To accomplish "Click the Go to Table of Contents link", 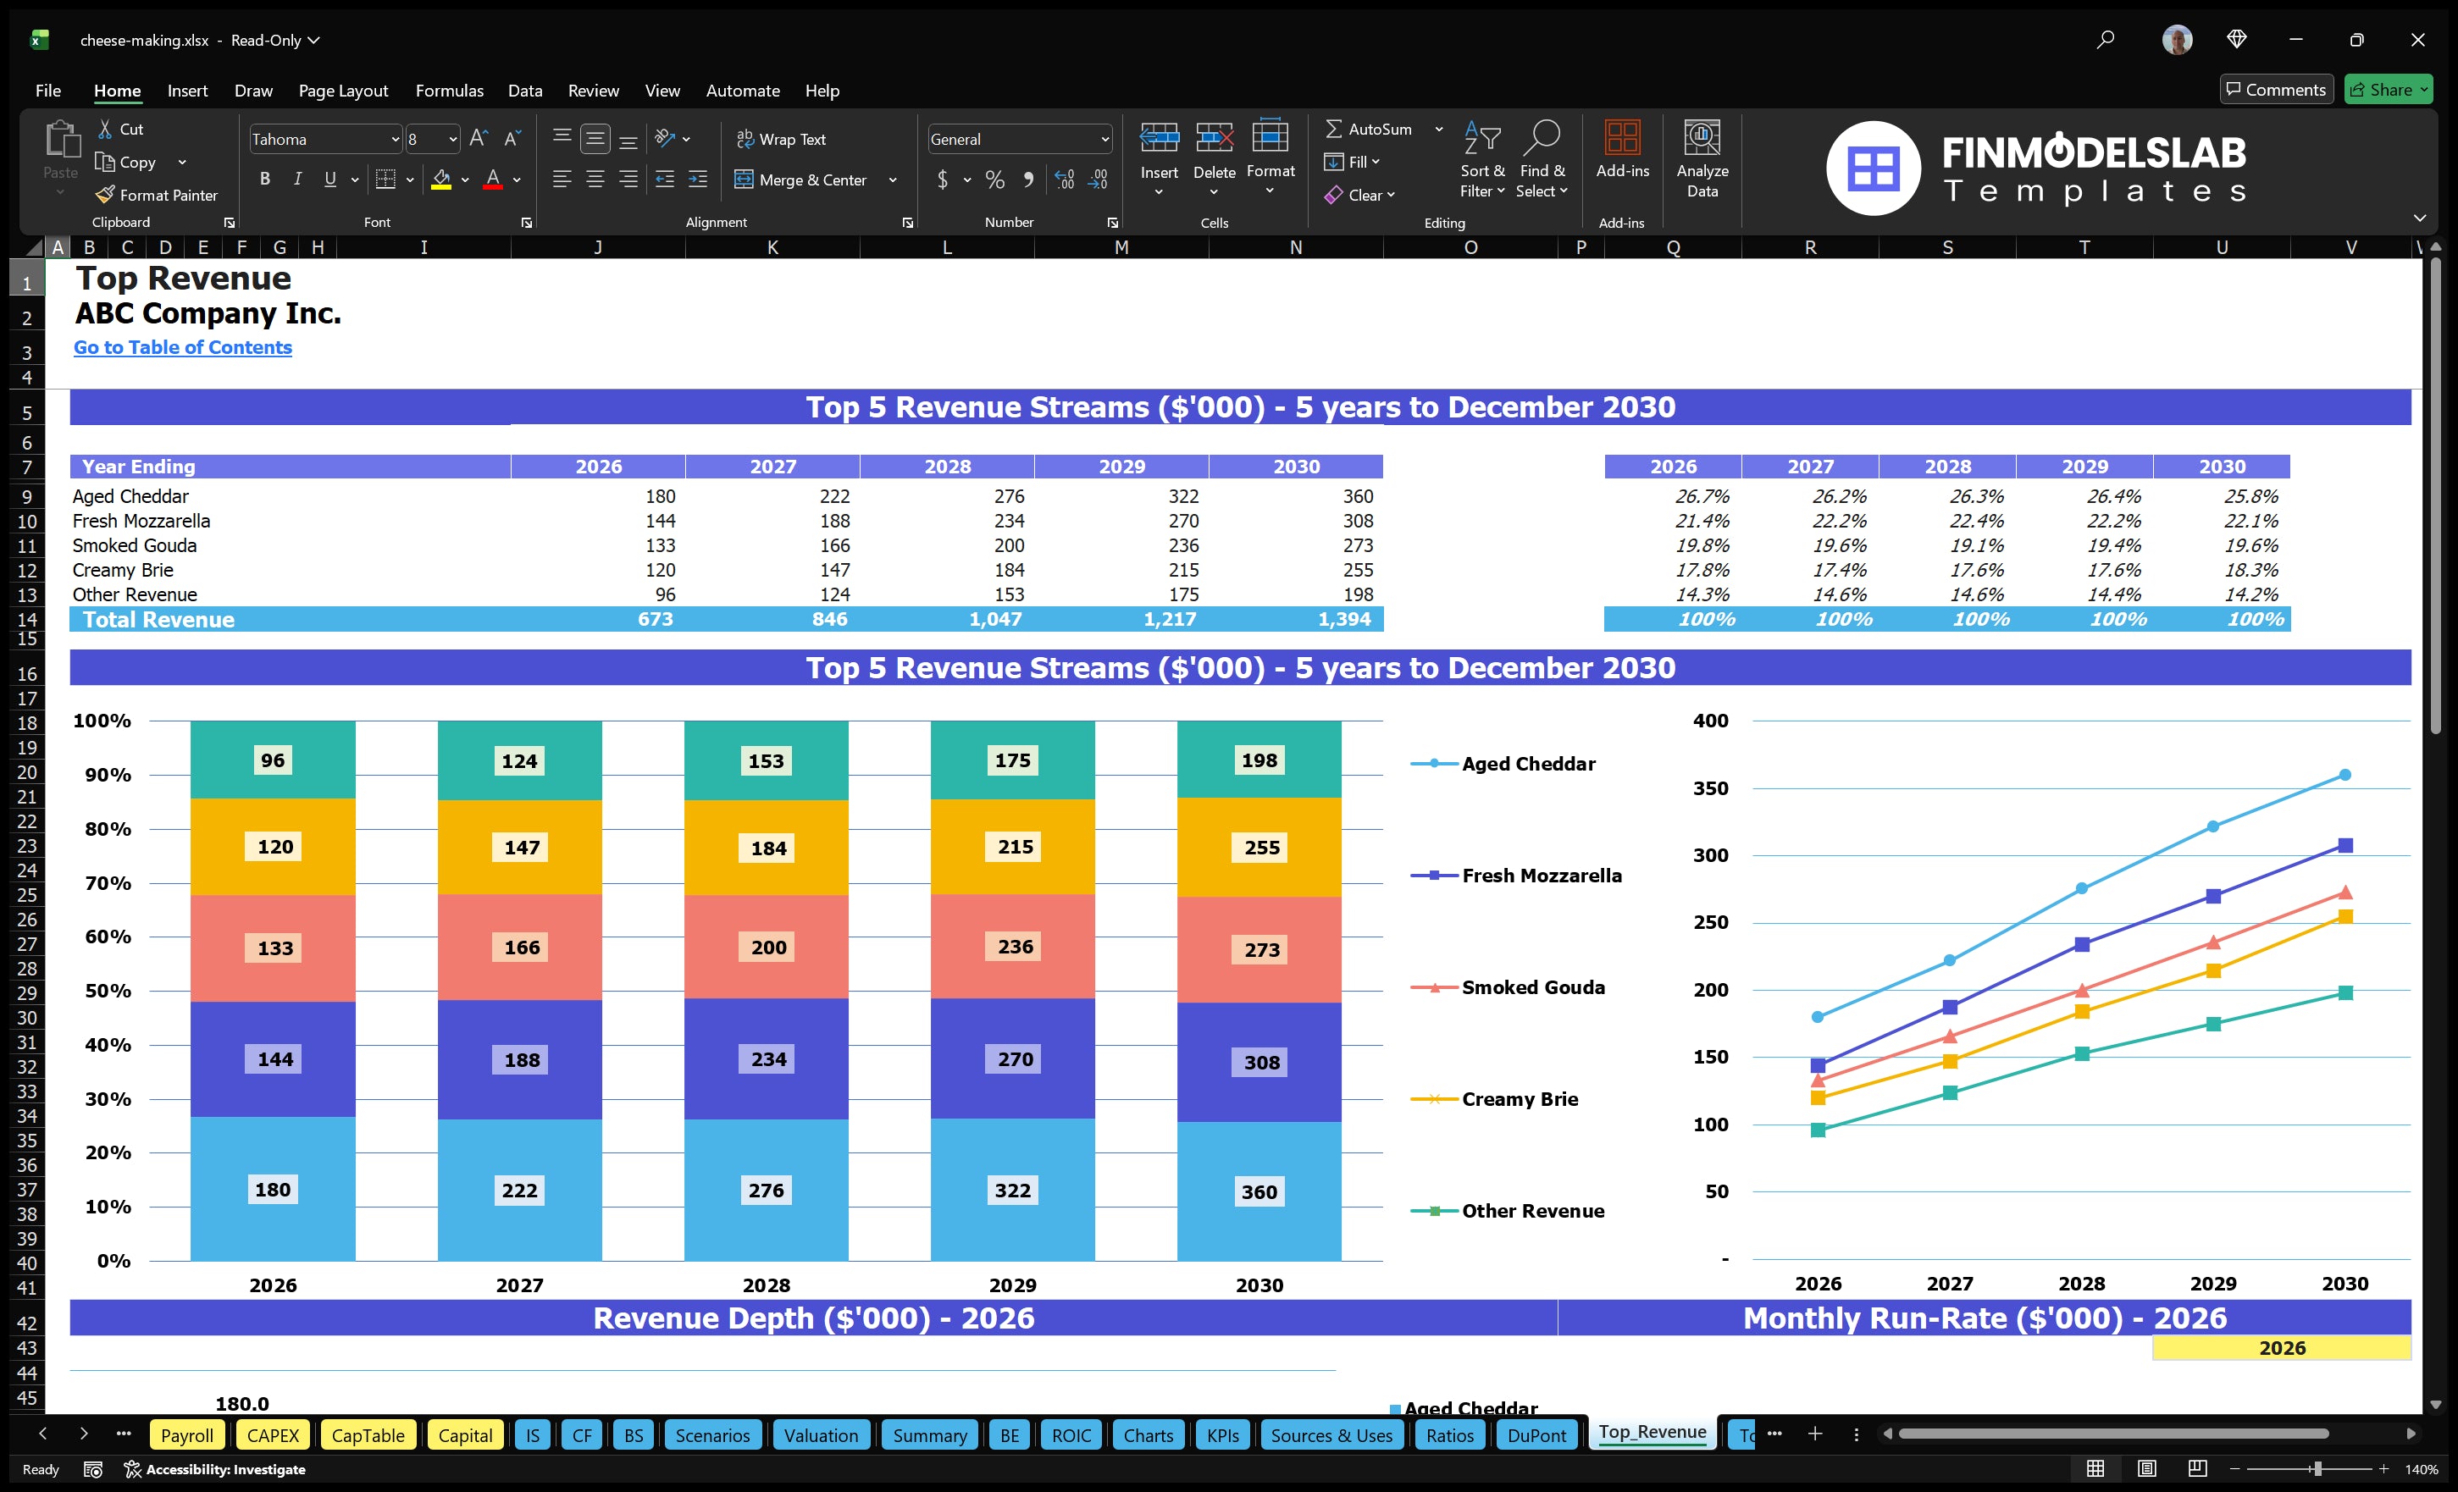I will pyautogui.click(x=183, y=347).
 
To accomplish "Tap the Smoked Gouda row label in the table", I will pyautogui.click(x=135, y=545).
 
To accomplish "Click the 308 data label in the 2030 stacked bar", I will pyautogui.click(x=1261, y=1062).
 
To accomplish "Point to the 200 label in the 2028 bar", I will pyautogui.click(x=768, y=948).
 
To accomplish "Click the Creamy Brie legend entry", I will pyautogui.click(x=1519, y=1099).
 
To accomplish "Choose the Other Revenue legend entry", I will pyautogui.click(x=1531, y=1211).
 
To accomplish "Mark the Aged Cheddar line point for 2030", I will pyautogui.click(x=2345, y=775).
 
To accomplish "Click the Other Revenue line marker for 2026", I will pyautogui.click(x=1818, y=1130).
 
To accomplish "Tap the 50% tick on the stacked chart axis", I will pyautogui.click(x=108, y=992).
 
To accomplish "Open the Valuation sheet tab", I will pyautogui.click(x=820, y=1435).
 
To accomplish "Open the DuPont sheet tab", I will pyautogui.click(x=1536, y=1435).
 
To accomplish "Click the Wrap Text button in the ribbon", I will pyautogui.click(x=781, y=140).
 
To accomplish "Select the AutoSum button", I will pyautogui.click(x=1369, y=130).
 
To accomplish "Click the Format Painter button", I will pyautogui.click(x=157, y=196).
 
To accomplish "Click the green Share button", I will pyautogui.click(x=2387, y=90).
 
